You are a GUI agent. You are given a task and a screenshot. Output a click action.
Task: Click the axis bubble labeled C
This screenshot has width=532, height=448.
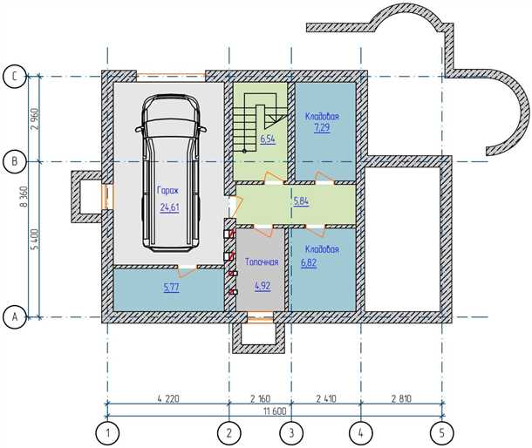click(x=14, y=77)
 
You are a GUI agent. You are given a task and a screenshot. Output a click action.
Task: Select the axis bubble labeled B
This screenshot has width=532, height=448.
click(x=14, y=161)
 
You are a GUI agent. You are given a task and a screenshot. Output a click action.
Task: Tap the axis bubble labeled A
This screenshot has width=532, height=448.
click(x=14, y=317)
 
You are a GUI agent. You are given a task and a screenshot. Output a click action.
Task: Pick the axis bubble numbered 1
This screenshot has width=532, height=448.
click(x=107, y=433)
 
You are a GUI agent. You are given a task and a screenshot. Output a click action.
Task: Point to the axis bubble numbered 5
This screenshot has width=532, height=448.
click(x=442, y=433)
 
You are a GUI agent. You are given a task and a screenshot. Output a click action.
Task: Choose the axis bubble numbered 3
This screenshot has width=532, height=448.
click(x=291, y=433)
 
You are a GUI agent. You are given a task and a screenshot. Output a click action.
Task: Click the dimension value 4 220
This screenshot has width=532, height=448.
click(x=168, y=398)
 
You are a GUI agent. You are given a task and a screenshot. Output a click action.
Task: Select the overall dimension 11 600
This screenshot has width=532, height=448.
click(x=275, y=411)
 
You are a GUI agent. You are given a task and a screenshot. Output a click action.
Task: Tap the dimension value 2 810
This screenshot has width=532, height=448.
click(x=401, y=398)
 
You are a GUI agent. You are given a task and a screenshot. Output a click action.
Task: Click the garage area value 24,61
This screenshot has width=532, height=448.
click(x=170, y=207)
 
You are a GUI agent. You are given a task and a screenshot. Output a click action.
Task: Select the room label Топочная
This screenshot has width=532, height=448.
click(x=262, y=261)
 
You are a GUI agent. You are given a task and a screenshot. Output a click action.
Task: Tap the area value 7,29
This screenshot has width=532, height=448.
click(x=322, y=128)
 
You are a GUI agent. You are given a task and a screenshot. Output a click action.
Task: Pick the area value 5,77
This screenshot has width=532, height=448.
click(x=171, y=288)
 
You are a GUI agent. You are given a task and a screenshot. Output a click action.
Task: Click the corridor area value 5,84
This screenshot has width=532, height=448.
click(x=301, y=201)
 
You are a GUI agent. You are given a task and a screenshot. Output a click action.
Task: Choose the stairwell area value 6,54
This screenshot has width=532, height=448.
click(x=268, y=139)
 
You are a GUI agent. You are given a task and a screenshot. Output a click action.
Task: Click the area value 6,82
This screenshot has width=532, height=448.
click(x=309, y=263)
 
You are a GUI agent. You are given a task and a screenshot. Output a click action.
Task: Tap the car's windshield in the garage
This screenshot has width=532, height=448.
click(x=171, y=127)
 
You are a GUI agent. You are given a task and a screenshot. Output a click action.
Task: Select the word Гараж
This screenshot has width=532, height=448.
click(x=167, y=190)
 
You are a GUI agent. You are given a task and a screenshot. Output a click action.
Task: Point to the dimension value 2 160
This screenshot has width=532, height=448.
click(x=260, y=398)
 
